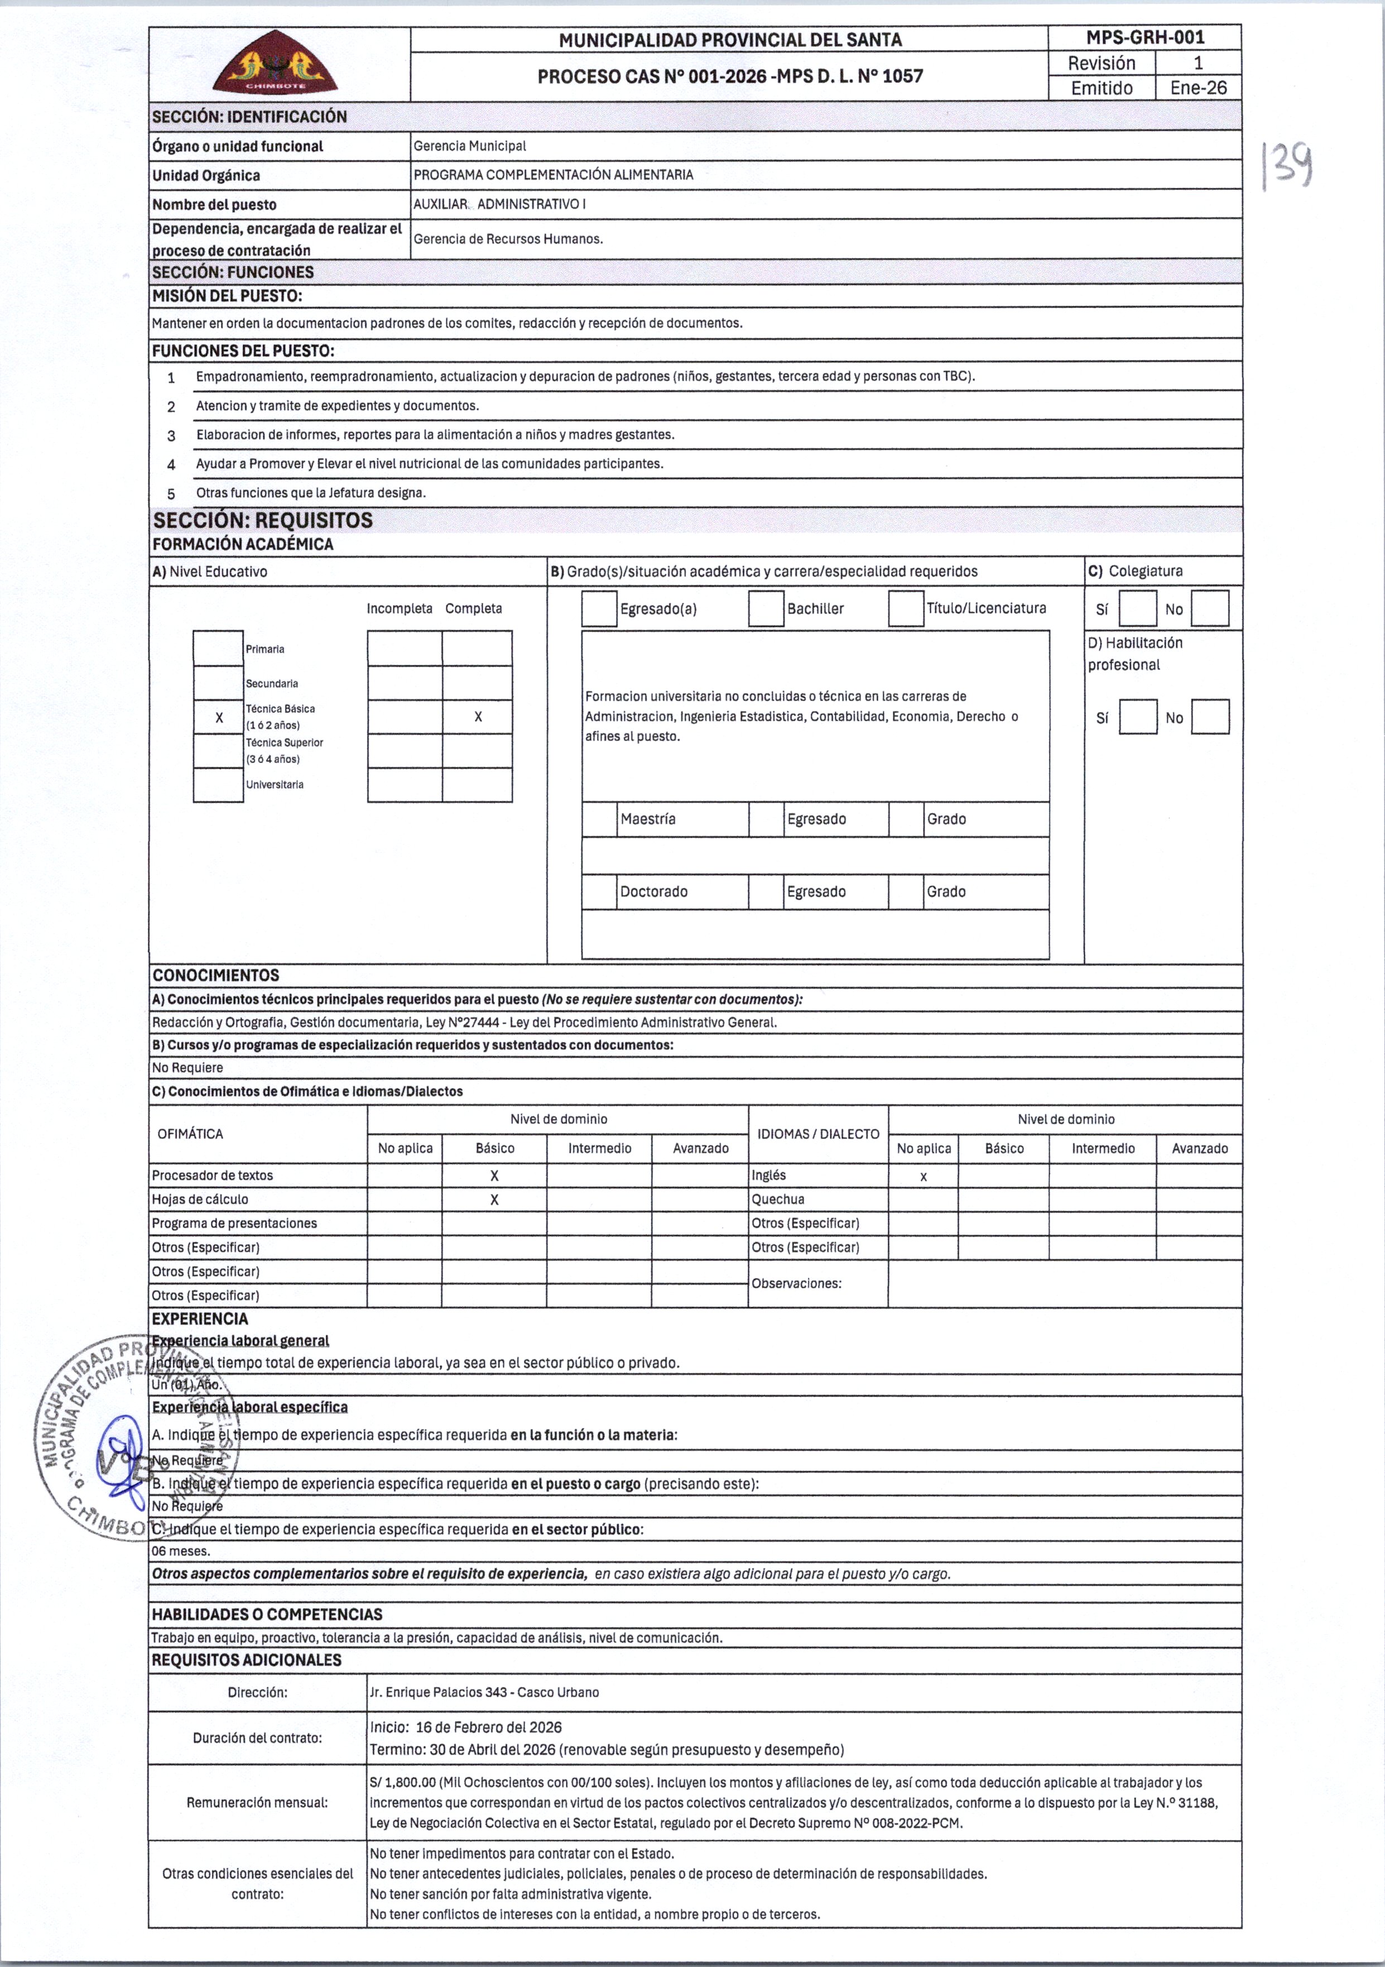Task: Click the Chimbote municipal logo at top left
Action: pos(275,64)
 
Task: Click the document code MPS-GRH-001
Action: pos(1144,38)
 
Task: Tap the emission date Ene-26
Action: pos(1198,88)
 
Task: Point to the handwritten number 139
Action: pos(1287,166)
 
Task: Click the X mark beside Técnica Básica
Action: pos(219,718)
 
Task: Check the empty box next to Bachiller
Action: pos(766,609)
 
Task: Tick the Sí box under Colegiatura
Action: pos(1137,609)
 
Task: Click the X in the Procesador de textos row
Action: pos(494,1176)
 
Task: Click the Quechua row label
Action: pos(778,1200)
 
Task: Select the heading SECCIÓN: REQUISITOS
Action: pos(263,521)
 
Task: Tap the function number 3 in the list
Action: pos(171,436)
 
